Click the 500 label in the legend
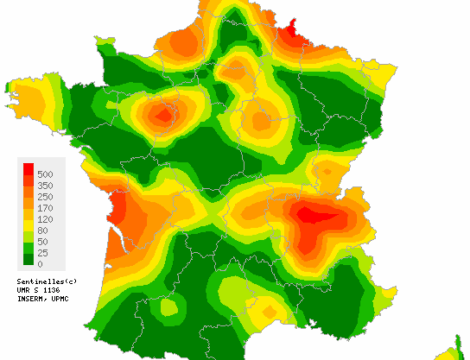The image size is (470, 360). (46, 175)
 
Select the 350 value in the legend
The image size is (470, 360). (46, 186)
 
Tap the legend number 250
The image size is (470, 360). (46, 197)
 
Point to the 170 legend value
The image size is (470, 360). (46, 208)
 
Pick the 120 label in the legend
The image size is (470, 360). (46, 219)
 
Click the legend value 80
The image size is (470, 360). (43, 230)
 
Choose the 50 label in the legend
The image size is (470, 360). (43, 242)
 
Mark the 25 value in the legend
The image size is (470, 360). (43, 253)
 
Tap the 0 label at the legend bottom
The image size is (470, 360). (40, 264)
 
